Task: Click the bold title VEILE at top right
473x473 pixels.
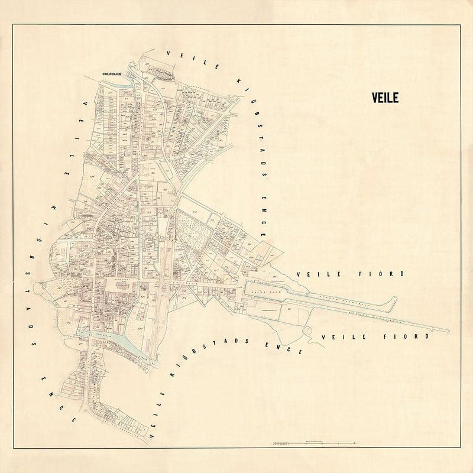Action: pyautogui.click(x=387, y=98)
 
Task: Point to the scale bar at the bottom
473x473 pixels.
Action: pyautogui.click(x=314, y=442)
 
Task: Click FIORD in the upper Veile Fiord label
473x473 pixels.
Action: pyautogui.click(x=384, y=274)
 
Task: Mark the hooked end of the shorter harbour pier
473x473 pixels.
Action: pyautogui.click(x=391, y=300)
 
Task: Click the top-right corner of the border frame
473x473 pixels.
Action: pyautogui.click(x=461, y=24)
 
